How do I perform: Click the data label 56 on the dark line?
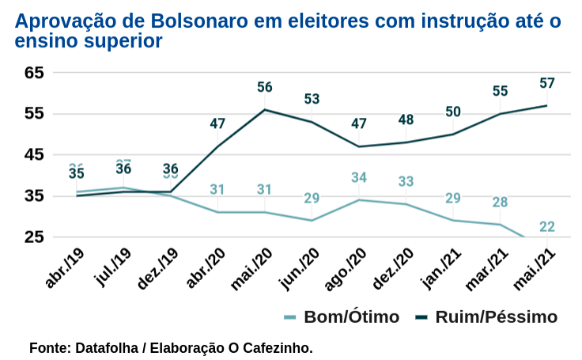point(265,87)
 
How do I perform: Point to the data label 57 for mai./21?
point(547,83)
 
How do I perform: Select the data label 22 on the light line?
point(547,227)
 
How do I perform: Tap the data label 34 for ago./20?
point(359,177)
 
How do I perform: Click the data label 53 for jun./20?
point(312,100)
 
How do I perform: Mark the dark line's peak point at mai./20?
point(265,109)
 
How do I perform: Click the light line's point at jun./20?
point(312,220)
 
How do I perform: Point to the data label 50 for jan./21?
point(453,112)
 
